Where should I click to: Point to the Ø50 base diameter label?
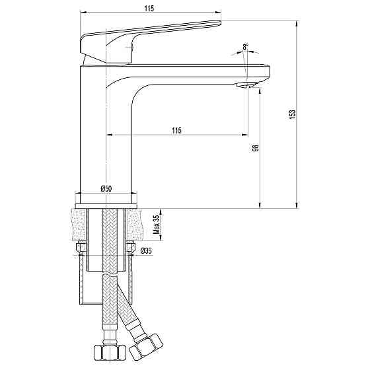click(106, 189)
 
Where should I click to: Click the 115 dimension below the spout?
click(176, 130)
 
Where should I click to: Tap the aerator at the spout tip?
click(246, 85)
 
